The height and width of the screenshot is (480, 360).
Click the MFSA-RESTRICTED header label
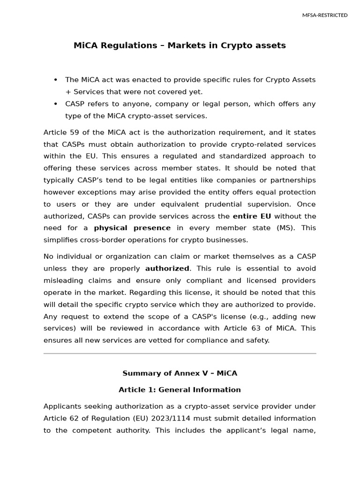tap(325, 15)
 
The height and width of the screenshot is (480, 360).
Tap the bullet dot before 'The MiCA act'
tap(56, 80)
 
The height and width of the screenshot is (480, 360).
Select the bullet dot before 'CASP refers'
tap(56, 104)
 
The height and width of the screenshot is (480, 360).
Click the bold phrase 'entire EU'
tap(251, 216)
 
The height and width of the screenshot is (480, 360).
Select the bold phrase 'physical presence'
tap(132, 228)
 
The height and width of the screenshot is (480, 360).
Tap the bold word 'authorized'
tap(167, 269)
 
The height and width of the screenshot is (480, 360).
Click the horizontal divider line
tap(180, 353)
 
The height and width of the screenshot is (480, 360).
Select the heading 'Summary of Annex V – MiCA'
tap(180, 374)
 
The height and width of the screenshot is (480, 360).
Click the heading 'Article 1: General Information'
tap(180, 390)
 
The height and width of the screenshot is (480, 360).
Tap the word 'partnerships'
tap(293, 180)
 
